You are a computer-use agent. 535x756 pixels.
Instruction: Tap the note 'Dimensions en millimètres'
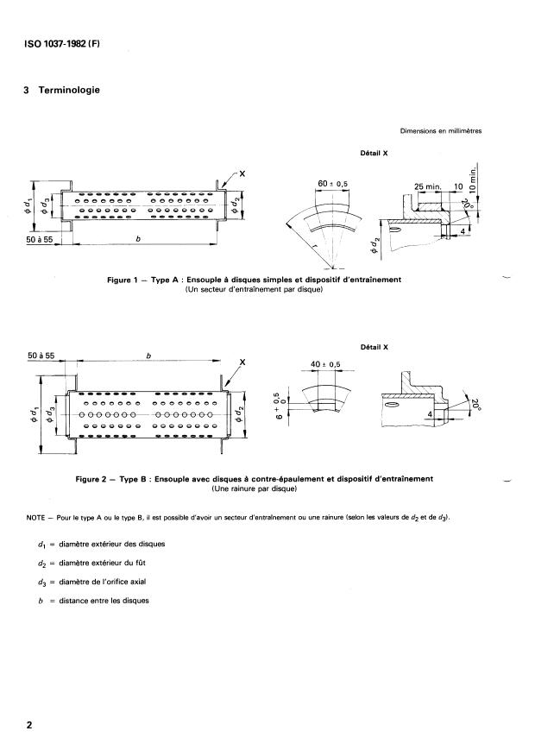440,132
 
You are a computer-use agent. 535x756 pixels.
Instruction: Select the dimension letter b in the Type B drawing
148,355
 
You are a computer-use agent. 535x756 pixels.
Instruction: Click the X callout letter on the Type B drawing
243,363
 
